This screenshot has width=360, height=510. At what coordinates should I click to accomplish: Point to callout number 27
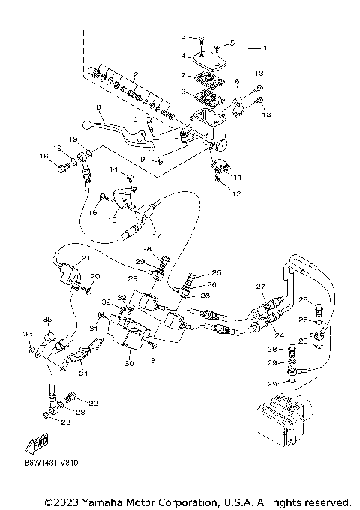click(261, 286)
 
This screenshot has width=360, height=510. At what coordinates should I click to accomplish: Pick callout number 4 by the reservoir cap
click(181, 55)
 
